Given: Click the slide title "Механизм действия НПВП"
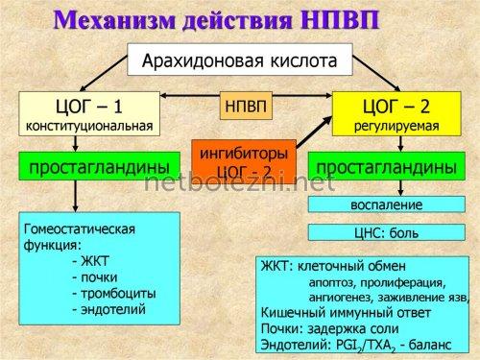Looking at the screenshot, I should [239, 20].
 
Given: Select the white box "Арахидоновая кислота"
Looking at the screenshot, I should [239, 60].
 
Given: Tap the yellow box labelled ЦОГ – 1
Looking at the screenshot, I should [87, 111].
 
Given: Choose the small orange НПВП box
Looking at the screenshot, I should [243, 105].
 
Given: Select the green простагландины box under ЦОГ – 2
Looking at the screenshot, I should [385, 167].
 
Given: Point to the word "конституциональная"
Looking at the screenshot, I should [87, 125].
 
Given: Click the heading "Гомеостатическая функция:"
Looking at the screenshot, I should [80, 236].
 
